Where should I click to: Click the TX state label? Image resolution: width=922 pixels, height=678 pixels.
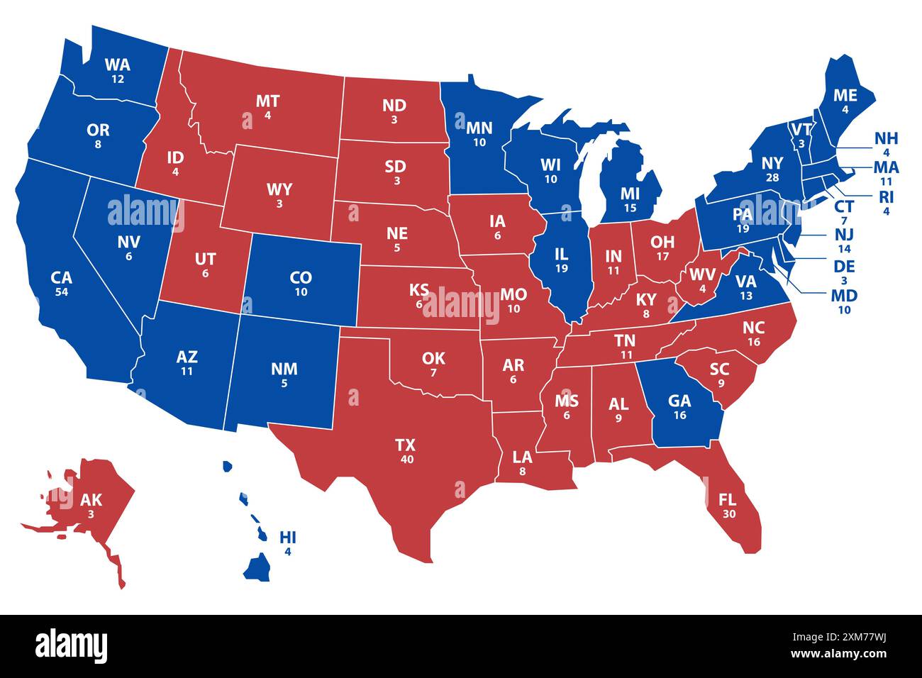coord(405,445)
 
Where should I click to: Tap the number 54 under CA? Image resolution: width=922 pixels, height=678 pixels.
coord(62,291)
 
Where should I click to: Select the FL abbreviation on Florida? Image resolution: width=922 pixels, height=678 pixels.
coord(728,499)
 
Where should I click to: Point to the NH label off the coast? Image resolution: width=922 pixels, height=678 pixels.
coord(886,138)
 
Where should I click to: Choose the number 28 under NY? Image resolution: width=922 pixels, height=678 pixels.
coord(772,177)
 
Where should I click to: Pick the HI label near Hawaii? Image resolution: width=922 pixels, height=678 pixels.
coord(288,536)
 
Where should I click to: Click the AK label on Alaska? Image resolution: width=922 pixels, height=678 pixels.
coord(91,500)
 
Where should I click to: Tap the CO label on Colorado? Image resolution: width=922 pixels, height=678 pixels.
coord(301,277)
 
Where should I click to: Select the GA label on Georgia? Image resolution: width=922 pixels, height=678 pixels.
coord(679,401)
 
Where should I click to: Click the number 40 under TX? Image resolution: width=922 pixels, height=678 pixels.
coord(405,459)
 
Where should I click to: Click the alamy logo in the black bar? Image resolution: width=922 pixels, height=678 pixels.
coord(72,646)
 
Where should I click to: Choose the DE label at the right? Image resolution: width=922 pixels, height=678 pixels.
coord(844,267)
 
